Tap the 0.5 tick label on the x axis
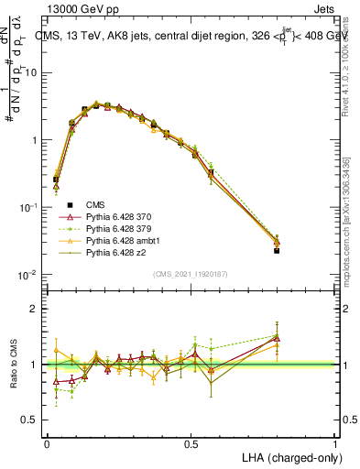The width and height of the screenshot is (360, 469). pos(191,442)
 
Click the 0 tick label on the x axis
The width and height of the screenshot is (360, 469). pos(47,442)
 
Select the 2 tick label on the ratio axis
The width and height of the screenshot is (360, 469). pos(35,309)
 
